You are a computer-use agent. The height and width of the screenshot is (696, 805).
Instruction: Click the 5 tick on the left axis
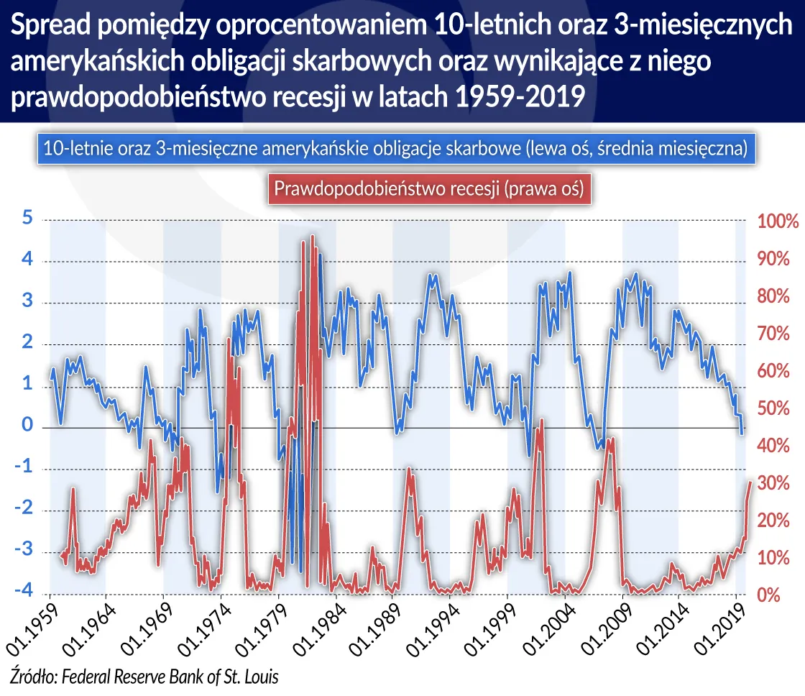pyautogui.click(x=27, y=219)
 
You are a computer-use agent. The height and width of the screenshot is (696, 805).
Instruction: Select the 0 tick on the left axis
pyautogui.click(x=27, y=426)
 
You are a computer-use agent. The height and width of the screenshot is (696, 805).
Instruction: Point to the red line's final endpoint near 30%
pyautogui.click(x=750, y=482)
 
